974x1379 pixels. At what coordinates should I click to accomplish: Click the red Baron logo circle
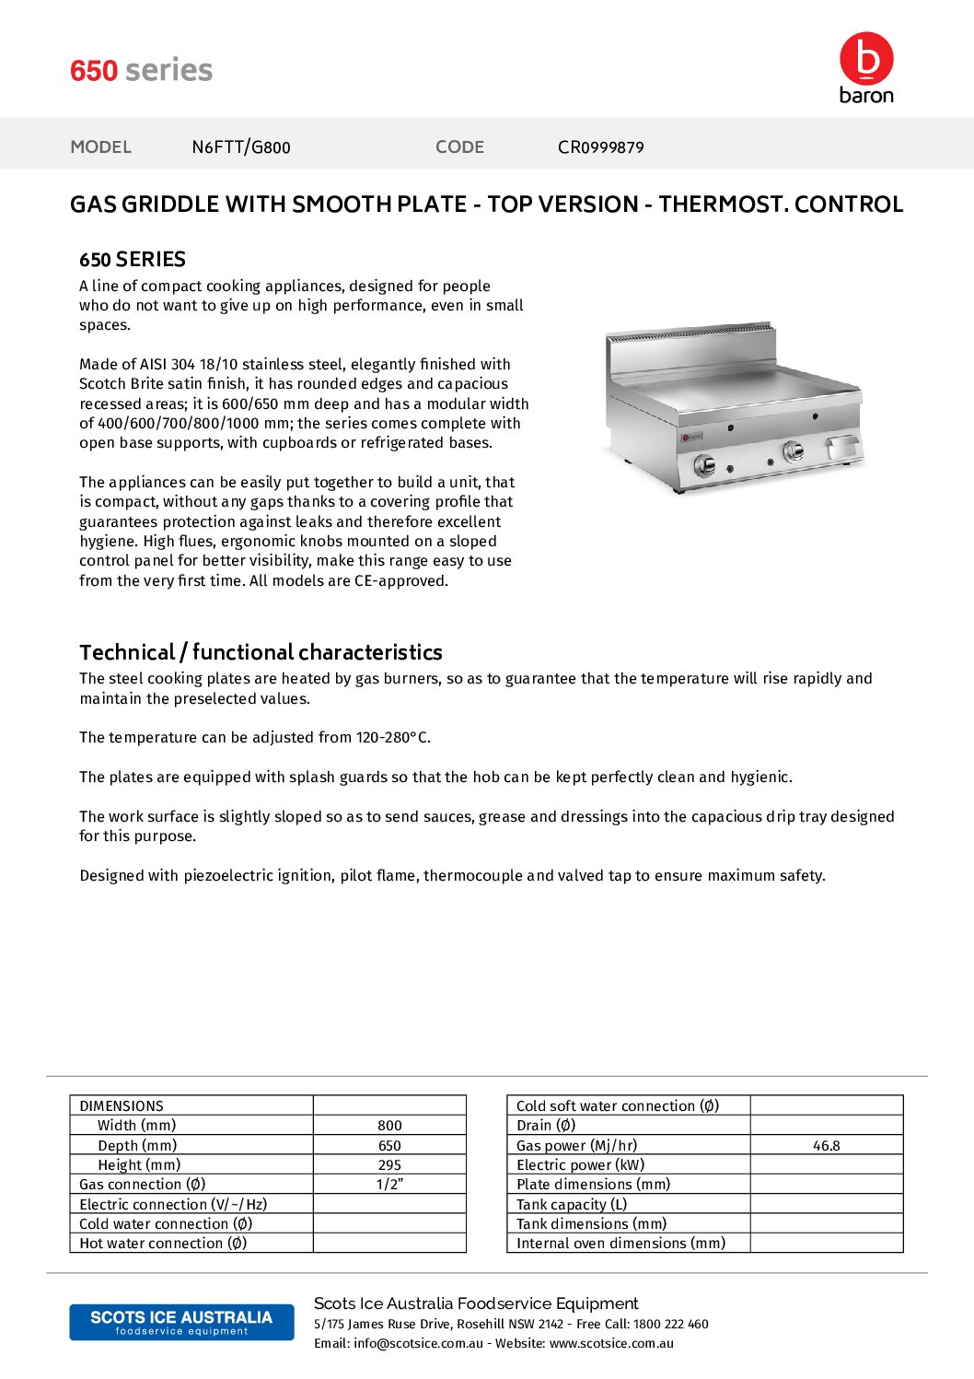pyautogui.click(x=866, y=59)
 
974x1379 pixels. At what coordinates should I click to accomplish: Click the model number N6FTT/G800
pyautogui.click(x=240, y=147)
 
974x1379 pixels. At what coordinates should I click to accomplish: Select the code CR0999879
pyautogui.click(x=600, y=147)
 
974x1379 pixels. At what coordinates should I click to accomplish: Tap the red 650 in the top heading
pyautogui.click(x=94, y=71)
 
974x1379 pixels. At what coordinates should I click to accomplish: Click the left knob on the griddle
pyautogui.click(x=704, y=464)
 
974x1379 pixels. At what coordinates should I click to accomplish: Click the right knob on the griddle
pyautogui.click(x=792, y=450)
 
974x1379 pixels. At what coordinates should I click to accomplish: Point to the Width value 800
pyautogui.click(x=389, y=1126)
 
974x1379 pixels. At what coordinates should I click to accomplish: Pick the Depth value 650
pyautogui.click(x=389, y=1146)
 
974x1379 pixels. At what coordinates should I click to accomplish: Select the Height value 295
pyautogui.click(x=389, y=1165)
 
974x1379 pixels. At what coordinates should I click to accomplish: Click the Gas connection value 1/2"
pyautogui.click(x=389, y=1185)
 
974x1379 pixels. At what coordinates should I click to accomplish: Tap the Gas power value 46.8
pyautogui.click(x=826, y=1146)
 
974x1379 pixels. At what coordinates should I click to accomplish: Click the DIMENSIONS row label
pyautogui.click(x=122, y=1106)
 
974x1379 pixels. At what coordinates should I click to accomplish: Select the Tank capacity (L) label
pyautogui.click(x=572, y=1205)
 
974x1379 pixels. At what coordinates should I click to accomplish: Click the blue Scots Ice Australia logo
pyautogui.click(x=181, y=1322)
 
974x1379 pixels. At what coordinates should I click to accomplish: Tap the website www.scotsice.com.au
pyautogui.click(x=611, y=1344)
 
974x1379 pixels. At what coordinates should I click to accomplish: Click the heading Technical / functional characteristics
pyautogui.click(x=261, y=652)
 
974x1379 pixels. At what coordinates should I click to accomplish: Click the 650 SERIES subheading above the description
pyautogui.click(x=133, y=260)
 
